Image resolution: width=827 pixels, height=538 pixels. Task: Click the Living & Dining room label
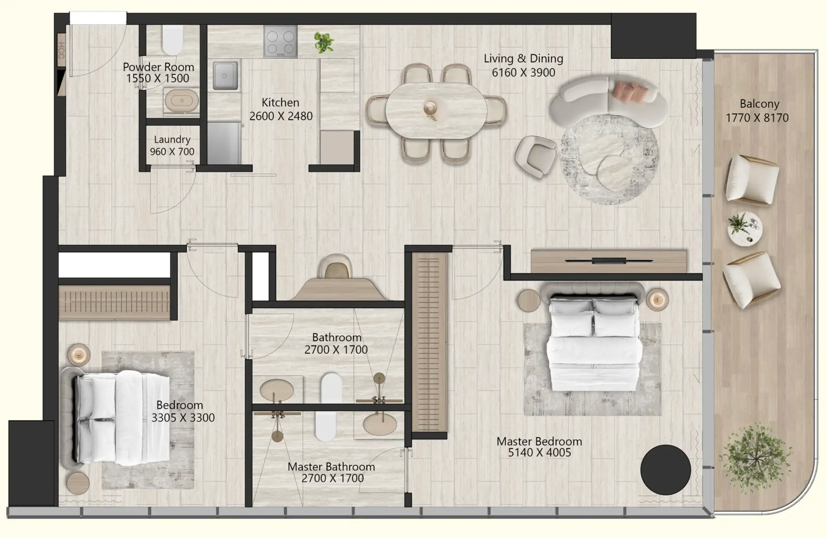click(x=523, y=59)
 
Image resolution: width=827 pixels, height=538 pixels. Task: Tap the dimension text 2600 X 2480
click(x=281, y=116)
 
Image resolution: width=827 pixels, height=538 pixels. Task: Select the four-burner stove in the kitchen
click(x=280, y=41)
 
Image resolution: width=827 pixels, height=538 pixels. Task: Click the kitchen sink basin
click(x=225, y=75)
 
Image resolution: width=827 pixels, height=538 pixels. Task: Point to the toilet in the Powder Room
click(x=173, y=40)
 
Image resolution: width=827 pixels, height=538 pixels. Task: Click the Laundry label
click(x=172, y=140)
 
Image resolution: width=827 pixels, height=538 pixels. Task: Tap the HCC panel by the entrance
click(x=61, y=50)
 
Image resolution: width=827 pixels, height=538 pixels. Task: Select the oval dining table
click(x=436, y=110)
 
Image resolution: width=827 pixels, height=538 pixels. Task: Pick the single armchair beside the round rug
click(x=536, y=156)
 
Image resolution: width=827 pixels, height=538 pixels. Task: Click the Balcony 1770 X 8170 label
click(x=758, y=111)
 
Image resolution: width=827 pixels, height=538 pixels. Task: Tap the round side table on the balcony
click(x=745, y=228)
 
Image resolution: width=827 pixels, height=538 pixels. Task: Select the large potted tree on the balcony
click(x=755, y=458)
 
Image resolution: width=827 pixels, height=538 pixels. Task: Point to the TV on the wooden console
click(x=609, y=261)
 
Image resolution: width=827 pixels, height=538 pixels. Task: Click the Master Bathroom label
click(x=331, y=467)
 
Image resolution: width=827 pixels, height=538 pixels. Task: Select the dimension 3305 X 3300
click(x=183, y=418)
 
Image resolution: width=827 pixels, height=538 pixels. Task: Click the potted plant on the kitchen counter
click(x=324, y=42)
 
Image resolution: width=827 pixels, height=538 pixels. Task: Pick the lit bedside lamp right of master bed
click(x=657, y=300)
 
